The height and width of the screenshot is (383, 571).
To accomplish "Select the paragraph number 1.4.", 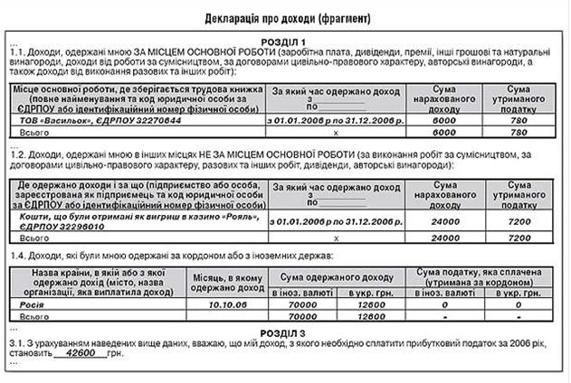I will [x=15, y=257].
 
